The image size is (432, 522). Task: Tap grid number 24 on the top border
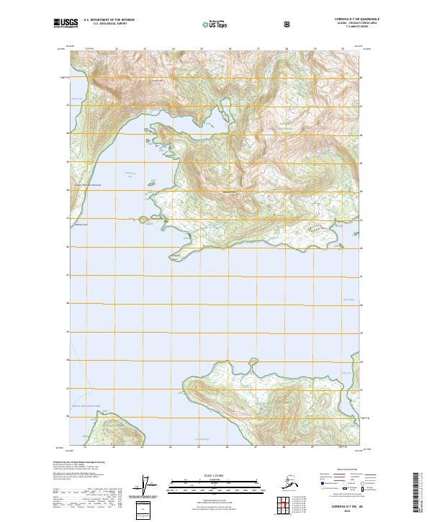[173, 49]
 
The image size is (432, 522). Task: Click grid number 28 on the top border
[287, 49]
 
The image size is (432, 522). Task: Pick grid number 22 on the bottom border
[116, 447]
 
